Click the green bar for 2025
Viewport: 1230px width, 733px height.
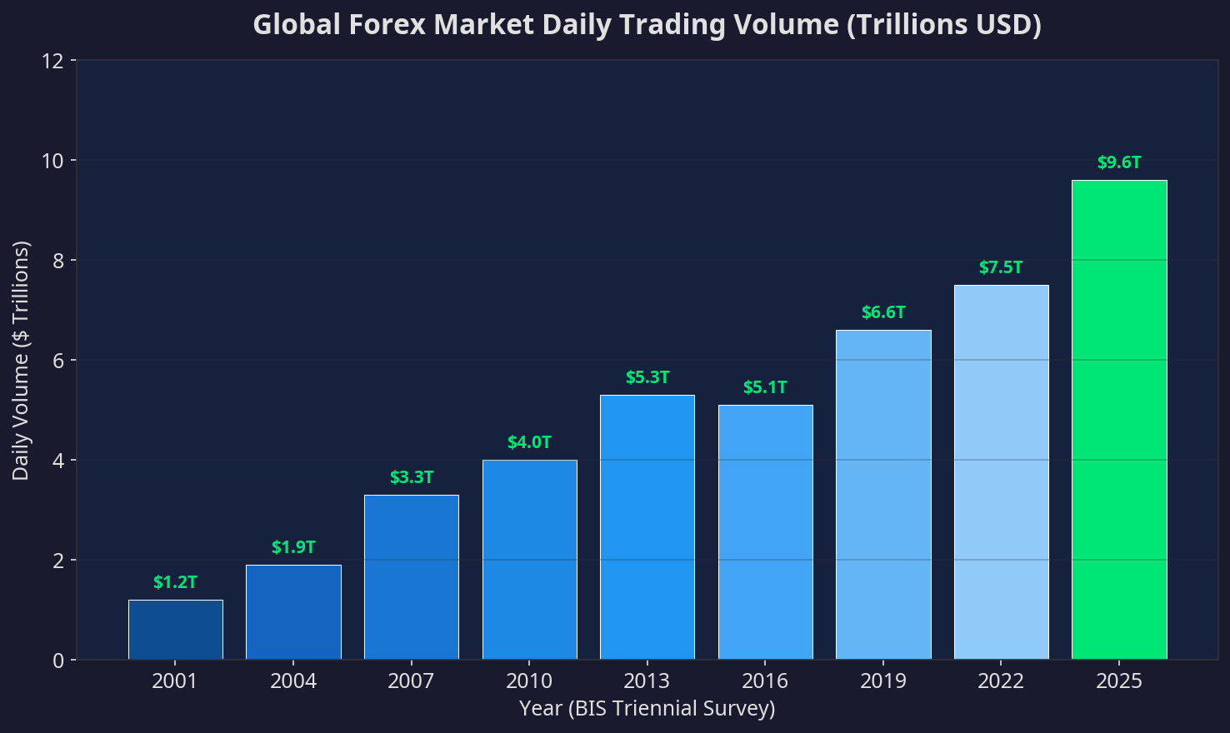pos(1119,420)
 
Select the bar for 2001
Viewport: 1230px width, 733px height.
pos(175,630)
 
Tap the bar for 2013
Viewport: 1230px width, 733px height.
pos(647,527)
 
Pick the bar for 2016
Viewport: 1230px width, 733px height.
pos(765,532)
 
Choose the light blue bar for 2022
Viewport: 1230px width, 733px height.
pos(1001,472)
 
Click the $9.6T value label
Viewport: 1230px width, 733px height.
pos(1119,162)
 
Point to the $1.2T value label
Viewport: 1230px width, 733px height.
pos(175,582)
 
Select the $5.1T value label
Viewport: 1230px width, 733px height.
pos(765,387)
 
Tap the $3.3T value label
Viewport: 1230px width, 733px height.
pos(412,477)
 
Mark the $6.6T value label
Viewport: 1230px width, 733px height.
pos(883,312)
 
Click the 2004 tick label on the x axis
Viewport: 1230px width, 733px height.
pos(293,681)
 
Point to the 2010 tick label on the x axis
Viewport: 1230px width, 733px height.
pos(529,681)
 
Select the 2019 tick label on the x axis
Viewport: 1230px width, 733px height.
pos(883,681)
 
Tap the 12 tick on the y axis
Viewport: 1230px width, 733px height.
pos(54,61)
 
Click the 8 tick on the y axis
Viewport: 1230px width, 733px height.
pos(59,261)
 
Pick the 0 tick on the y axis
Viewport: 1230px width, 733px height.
pos(59,660)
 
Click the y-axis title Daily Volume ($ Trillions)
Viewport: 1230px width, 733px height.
pos(21,361)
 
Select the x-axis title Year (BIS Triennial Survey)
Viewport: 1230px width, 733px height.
pos(647,709)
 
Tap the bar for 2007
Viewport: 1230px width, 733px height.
pos(412,577)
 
